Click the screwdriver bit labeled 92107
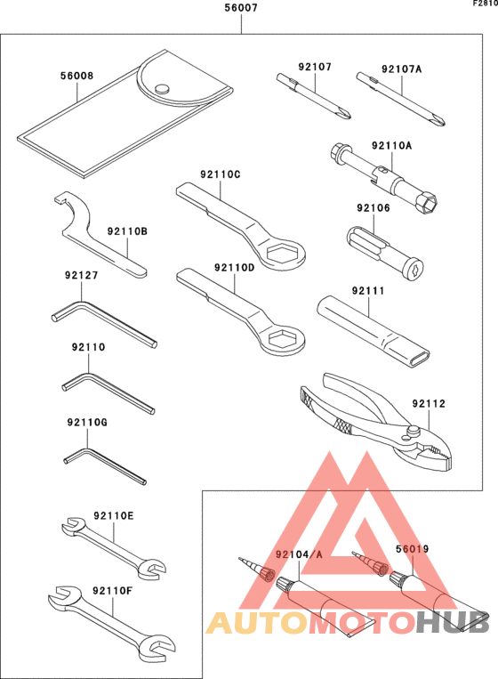[x=315, y=96]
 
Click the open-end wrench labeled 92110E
[x=111, y=546]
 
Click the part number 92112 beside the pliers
[x=428, y=404]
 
